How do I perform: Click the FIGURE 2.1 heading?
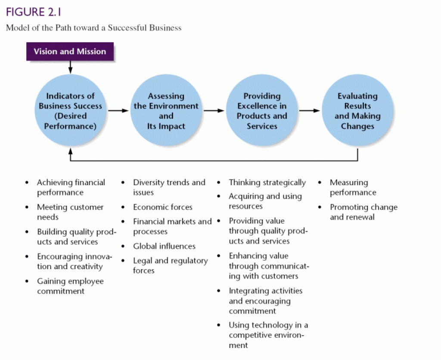click(x=34, y=12)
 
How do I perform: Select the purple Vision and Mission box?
click(x=70, y=52)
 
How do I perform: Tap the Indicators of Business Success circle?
click(x=70, y=111)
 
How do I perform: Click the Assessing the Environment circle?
click(x=166, y=111)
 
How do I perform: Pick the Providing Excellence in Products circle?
click(x=262, y=111)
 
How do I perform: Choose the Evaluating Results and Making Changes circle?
click(x=357, y=111)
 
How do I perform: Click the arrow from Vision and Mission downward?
click(x=70, y=67)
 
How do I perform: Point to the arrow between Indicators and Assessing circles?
click(x=118, y=111)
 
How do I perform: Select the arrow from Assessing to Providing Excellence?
click(x=214, y=111)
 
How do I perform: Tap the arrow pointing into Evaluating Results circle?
click(x=310, y=111)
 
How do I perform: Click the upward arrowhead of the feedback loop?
click(x=70, y=151)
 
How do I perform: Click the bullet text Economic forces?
click(x=162, y=207)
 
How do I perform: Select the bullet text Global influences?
click(x=164, y=246)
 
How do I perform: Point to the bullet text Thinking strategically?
click(x=267, y=183)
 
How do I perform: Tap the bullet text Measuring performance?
click(x=353, y=187)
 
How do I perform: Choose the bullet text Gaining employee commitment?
click(x=70, y=286)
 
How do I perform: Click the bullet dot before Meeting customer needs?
click(x=27, y=207)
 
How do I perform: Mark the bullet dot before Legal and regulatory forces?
click(x=123, y=261)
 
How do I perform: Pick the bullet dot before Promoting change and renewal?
click(x=320, y=207)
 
